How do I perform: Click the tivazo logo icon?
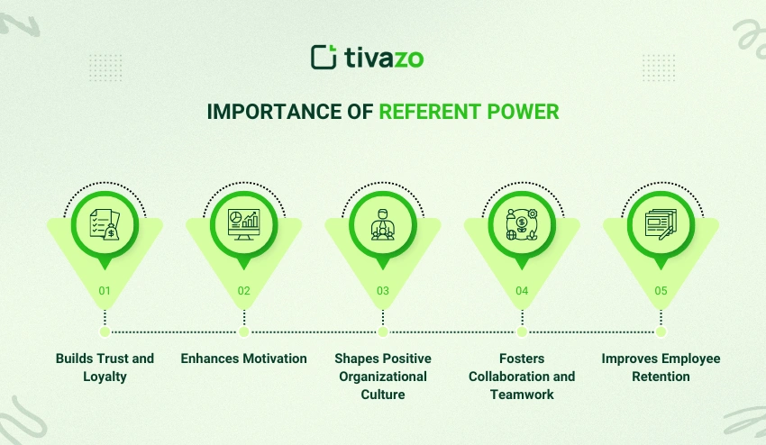click(324, 58)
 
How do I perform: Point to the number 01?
click(105, 291)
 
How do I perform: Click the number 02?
click(243, 291)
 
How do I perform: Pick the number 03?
click(383, 291)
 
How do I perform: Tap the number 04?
click(522, 291)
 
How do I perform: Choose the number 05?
click(661, 291)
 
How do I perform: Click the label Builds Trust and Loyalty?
click(105, 368)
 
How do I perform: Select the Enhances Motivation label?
click(243, 359)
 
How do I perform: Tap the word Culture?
click(383, 395)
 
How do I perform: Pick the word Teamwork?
click(522, 395)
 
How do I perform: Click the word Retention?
click(661, 377)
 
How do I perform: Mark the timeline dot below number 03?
click(383, 331)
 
